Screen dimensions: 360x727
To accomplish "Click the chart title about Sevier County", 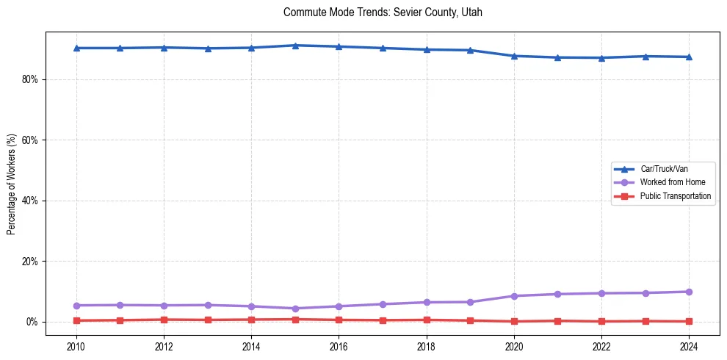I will tap(383, 12).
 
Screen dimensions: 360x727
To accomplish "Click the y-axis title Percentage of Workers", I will tap(11, 184).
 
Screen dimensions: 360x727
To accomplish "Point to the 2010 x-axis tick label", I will tap(76, 346).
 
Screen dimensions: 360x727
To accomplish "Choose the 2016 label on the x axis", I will tap(339, 346).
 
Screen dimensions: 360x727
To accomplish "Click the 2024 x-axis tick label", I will tap(689, 346).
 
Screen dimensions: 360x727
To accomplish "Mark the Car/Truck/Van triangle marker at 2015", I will tap(295, 46).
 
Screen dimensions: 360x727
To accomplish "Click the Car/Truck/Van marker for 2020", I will tap(514, 56).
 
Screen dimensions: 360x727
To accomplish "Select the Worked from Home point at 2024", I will tap(689, 292).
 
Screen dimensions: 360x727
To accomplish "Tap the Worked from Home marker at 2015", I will tap(295, 309).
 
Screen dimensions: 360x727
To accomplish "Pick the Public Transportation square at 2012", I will tap(164, 320).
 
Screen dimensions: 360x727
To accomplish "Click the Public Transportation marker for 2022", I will tap(601, 321).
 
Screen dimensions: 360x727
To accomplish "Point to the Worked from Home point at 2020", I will tap(514, 296).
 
